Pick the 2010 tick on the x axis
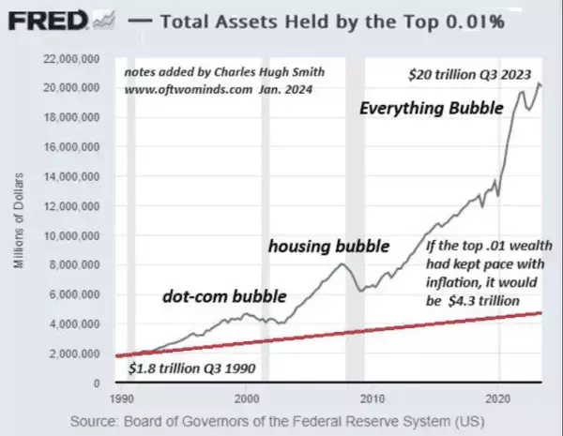click(373, 397)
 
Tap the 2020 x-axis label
click(499, 397)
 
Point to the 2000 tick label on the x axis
click(246, 397)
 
